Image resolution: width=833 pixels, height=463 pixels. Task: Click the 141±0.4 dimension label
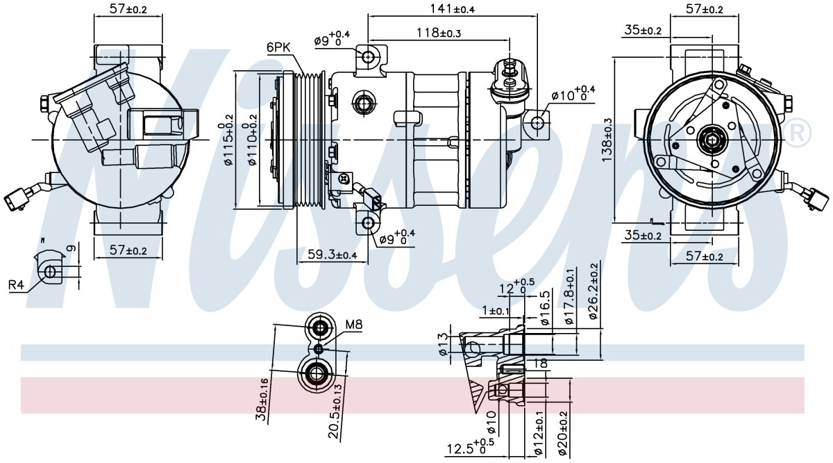453,8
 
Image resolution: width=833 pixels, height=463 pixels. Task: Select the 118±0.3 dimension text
439,33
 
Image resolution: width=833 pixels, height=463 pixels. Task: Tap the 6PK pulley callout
278,47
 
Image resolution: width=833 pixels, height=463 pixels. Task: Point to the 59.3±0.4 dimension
333,254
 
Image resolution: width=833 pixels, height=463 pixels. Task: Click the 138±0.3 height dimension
607,140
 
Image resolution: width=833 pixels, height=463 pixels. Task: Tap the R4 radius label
16,285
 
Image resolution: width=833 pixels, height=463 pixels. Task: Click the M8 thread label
353,325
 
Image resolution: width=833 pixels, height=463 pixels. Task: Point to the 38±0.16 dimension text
262,400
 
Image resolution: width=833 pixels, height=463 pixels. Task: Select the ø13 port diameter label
443,344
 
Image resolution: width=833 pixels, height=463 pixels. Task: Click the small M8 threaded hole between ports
319,350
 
